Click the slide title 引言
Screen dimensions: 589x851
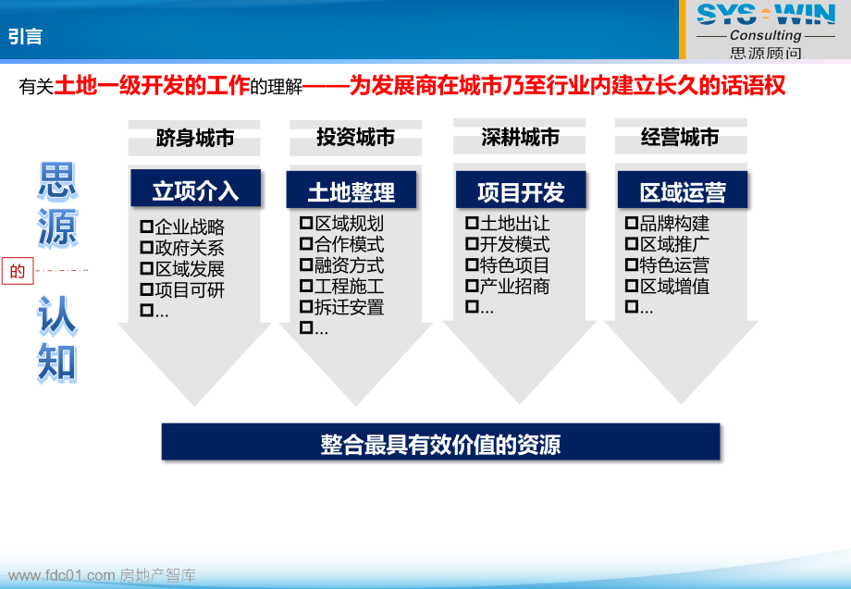(26, 36)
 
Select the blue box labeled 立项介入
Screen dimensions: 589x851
(195, 190)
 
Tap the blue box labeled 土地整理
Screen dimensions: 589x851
(351, 191)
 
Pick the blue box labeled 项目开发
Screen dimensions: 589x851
(520, 191)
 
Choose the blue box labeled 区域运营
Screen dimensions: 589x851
(683, 191)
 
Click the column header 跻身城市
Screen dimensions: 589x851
(195, 139)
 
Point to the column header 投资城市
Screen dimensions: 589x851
(355, 138)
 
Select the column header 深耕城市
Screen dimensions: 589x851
(520, 138)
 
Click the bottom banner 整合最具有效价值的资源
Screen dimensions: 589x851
(440, 444)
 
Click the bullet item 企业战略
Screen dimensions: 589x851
(189, 227)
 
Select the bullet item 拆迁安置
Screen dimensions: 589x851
(349, 307)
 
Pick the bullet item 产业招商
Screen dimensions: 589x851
(515, 287)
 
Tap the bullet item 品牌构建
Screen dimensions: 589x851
(674, 224)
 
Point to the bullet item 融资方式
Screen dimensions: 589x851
(349, 265)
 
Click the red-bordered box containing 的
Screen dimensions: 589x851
(17, 271)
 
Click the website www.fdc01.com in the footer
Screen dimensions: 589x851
(61, 576)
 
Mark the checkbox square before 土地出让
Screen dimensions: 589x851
(472, 224)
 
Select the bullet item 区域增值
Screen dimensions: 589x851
(674, 287)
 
